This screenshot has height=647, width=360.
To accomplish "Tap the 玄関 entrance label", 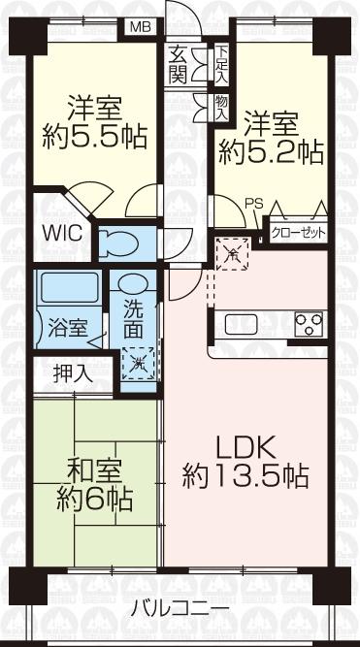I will (178, 65).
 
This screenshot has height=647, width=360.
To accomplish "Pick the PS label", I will (253, 204).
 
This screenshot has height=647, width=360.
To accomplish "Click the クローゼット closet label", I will (296, 234).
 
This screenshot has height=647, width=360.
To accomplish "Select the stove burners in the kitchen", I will (307, 323).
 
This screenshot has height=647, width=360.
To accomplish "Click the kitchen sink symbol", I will (239, 323).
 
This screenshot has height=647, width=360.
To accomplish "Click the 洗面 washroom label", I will (135, 317).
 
